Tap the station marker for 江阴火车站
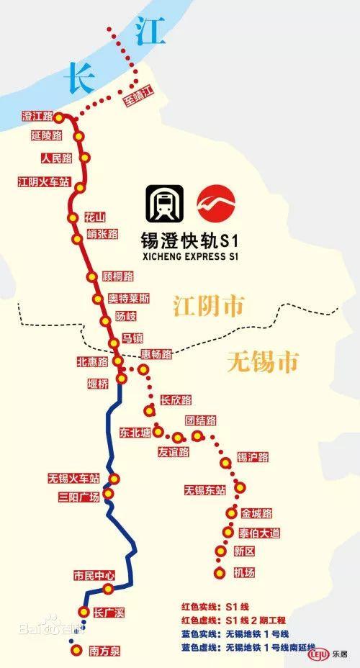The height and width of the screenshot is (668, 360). pos(79,187)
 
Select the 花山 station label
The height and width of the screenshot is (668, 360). pos(94,217)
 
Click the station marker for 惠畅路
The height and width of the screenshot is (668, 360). pos(143,369)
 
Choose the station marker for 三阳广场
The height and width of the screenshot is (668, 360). pos(108,494)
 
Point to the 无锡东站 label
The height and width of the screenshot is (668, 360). pos(204,489)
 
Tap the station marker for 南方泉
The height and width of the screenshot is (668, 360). pos(76,651)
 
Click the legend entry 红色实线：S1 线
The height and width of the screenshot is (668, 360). pos(216,607)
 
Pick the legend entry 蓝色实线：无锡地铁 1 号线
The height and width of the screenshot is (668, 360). pos(233,633)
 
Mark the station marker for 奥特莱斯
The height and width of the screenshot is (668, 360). pos(97,298)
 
